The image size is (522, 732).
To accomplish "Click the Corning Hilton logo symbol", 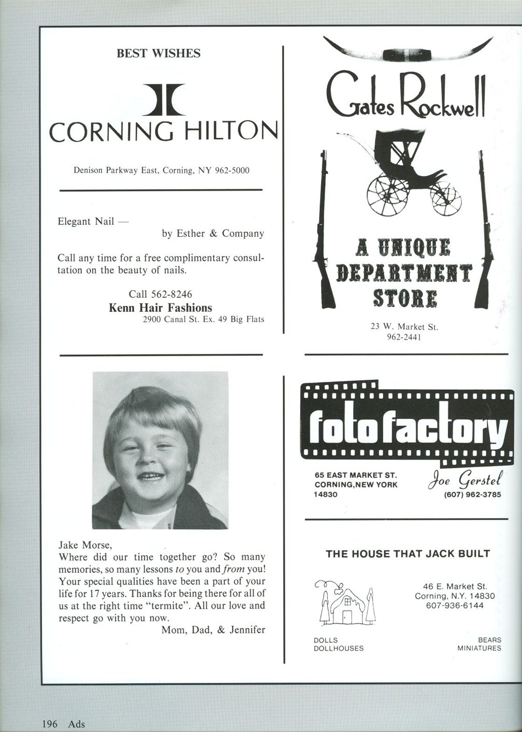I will click(x=163, y=99).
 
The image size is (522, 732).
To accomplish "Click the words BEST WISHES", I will click(x=158, y=53).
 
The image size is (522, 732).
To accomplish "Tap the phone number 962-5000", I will click(x=232, y=170).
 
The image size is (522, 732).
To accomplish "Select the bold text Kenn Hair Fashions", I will click(x=161, y=308).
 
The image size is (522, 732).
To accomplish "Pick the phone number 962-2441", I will click(x=404, y=337).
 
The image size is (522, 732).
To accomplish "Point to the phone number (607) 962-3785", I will click(x=472, y=495).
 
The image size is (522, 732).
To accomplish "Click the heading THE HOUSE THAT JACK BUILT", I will click(x=408, y=554).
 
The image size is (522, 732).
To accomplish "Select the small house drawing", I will click(x=345, y=602).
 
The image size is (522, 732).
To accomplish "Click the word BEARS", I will click(x=489, y=640).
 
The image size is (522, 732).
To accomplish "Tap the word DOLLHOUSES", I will click(x=339, y=648).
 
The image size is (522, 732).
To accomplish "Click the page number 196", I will click(x=50, y=724).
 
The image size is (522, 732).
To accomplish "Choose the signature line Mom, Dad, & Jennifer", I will click(x=213, y=630).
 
